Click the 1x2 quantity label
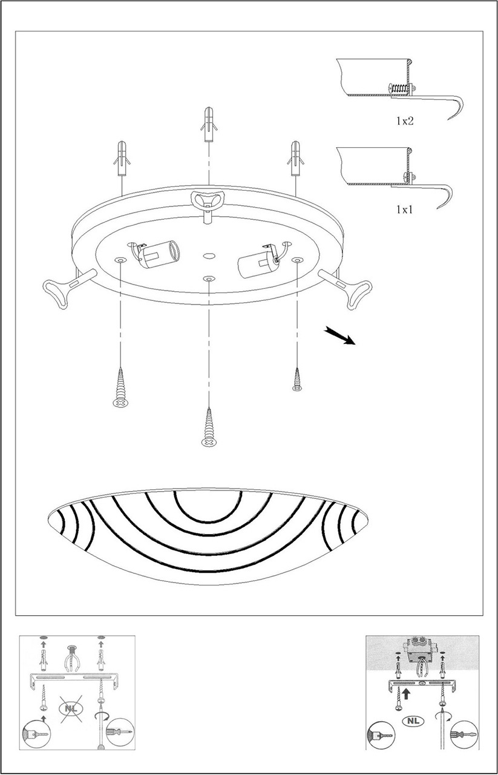[405, 120]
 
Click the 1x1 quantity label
[404, 209]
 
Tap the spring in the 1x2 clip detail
[401, 88]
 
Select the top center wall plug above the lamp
[209, 124]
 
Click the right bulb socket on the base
[260, 260]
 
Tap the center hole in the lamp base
[208, 256]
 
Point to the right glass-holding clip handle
[346, 288]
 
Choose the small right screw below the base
[297, 380]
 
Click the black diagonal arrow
[340, 336]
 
